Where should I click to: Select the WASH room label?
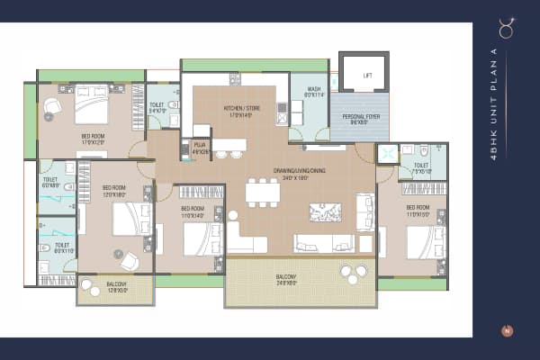[x=313, y=92]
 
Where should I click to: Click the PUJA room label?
[x=200, y=148]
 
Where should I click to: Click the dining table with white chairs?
[x=262, y=193]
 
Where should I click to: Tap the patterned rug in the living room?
[x=325, y=212]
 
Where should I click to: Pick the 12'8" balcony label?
[x=116, y=287]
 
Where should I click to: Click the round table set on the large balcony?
[x=352, y=274]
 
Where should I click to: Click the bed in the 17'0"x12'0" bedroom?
[x=91, y=106]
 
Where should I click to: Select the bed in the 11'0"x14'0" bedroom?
[x=199, y=239]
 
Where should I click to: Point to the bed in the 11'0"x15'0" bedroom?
[x=424, y=241]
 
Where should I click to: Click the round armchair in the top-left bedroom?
[x=52, y=106]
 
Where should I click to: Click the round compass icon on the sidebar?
[x=507, y=330]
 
